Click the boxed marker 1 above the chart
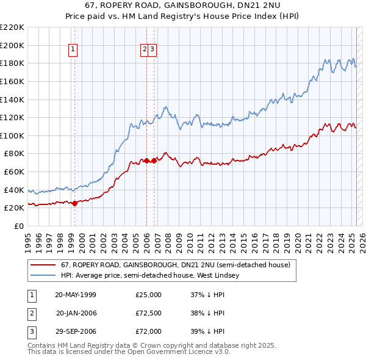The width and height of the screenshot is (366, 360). pos(73,50)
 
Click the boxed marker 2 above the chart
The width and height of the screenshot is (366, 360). pos(145,50)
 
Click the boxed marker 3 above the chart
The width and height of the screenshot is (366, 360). pos(152,50)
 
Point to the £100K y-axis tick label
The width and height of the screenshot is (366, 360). pos(12,135)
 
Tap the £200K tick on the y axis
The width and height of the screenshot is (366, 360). pos(12,45)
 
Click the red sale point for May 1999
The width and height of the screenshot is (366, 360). pos(74,204)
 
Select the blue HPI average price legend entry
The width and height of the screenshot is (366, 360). pos(150,275)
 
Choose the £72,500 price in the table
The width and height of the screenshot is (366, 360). pos(149,313)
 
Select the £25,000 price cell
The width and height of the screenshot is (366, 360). pos(149,295)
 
